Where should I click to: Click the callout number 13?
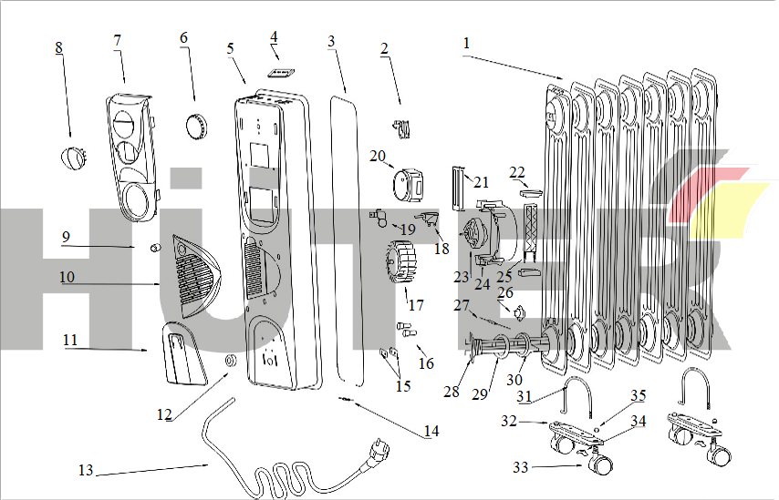[86, 471]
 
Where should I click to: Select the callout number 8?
[59, 47]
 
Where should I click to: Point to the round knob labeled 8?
[73, 158]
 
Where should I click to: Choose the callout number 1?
[466, 43]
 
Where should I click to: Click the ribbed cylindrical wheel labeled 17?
[401, 266]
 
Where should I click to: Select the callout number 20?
[378, 156]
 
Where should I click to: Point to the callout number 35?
[639, 395]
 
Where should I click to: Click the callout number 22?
[517, 172]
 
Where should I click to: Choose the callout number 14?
[431, 431]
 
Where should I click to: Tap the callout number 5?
[230, 47]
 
